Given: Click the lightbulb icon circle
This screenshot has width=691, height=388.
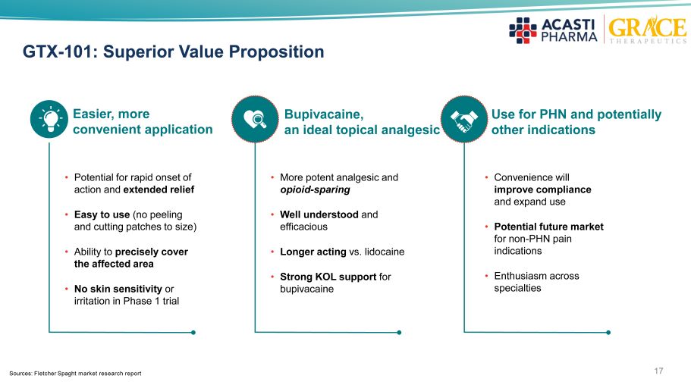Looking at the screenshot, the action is pyautogui.click(x=49, y=119).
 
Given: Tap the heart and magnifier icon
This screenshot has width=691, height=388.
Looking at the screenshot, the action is pyautogui.click(x=255, y=119).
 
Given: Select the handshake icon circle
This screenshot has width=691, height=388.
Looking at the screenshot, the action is pyautogui.click(x=464, y=119).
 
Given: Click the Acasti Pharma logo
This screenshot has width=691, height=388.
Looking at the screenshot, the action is pyautogui.click(x=554, y=30).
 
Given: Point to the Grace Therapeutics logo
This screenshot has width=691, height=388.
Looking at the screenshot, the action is pyautogui.click(x=647, y=29).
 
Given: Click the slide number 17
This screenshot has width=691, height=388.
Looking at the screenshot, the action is pyautogui.click(x=658, y=371).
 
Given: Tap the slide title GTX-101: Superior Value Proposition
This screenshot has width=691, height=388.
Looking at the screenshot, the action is pyautogui.click(x=173, y=52).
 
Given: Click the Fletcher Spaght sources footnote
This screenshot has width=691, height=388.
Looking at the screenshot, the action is pyautogui.click(x=75, y=374).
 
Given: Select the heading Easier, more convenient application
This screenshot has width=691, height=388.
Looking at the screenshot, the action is pyautogui.click(x=143, y=121).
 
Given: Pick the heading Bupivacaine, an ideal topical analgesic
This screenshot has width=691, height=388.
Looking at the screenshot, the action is pyautogui.click(x=362, y=122).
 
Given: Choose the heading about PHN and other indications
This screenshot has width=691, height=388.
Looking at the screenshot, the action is pyautogui.click(x=576, y=122).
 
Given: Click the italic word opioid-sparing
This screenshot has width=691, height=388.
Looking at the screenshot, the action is pyautogui.click(x=315, y=189).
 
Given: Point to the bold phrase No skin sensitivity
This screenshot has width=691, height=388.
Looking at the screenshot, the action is pyautogui.click(x=118, y=289).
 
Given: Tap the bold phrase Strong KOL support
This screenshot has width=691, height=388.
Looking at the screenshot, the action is pyautogui.click(x=328, y=277).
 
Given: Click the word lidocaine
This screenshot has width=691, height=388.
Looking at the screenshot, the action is pyautogui.click(x=385, y=252).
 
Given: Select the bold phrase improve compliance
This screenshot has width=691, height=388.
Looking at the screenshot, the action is pyautogui.click(x=542, y=189).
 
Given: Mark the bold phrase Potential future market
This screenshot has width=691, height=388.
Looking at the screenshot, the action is pyautogui.click(x=548, y=227).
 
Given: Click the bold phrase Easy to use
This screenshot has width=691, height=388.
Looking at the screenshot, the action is pyautogui.click(x=102, y=215).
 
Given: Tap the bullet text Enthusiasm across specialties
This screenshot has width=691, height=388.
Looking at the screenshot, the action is pyautogui.click(x=536, y=282).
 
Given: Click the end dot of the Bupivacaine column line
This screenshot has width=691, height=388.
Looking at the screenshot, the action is pyautogui.click(x=399, y=333).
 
